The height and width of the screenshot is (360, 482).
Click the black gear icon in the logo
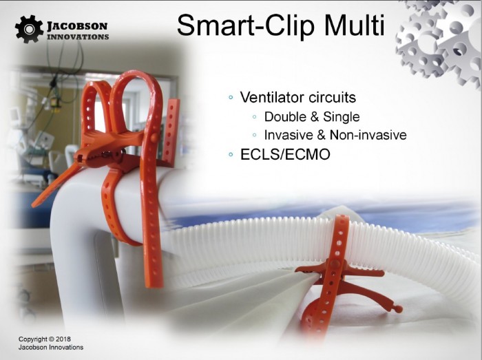pos(29,29)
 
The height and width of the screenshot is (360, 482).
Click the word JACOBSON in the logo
pos(77,26)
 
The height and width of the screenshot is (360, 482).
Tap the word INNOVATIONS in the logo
pos(78,37)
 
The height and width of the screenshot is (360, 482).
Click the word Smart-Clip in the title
pos(246,26)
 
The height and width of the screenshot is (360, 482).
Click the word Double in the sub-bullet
pos(285,117)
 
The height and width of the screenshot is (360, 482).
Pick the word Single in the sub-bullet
pos(342,117)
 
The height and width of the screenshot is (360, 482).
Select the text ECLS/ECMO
pos(285,154)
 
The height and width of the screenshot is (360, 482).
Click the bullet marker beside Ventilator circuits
pos(231,98)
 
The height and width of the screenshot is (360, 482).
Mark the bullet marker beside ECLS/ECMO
pos(231,154)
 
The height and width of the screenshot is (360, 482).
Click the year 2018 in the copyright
pos(63,339)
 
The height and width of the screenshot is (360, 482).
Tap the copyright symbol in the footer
pos(52,339)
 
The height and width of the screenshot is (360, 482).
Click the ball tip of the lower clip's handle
pos(399,308)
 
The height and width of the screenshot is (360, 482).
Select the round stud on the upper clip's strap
pos(155,136)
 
